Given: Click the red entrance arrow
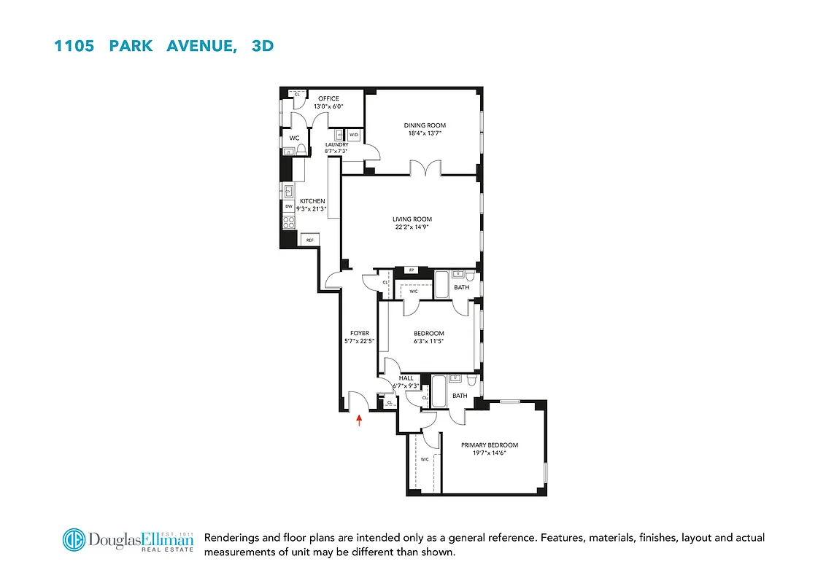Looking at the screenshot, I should [359, 418].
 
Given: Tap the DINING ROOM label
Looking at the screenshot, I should [425, 125].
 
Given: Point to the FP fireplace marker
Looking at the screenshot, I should [412, 270].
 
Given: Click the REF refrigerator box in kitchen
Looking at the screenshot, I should [309, 240].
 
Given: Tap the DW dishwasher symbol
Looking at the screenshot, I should [289, 206].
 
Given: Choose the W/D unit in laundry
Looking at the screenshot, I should [353, 135].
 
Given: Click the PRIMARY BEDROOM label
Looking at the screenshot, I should [489, 445].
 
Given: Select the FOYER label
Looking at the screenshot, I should [360, 333].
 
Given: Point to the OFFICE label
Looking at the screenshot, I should [328, 98].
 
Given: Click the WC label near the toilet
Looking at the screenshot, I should [294, 138].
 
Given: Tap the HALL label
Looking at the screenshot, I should [405, 378].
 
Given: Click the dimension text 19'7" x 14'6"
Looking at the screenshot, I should [489, 453].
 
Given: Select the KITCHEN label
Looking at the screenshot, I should [312, 201].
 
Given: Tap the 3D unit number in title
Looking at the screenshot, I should [262, 46].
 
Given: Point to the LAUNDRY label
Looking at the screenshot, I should [336, 144].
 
